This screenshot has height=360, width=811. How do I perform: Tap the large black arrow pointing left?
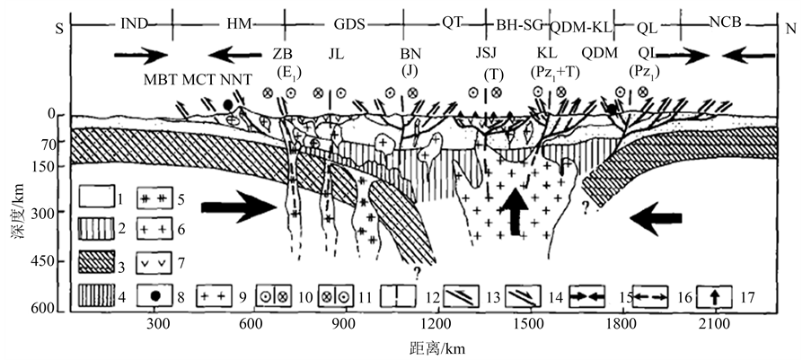661,215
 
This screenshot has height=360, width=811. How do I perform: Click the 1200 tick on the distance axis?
434,324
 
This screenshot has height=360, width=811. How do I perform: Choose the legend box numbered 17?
709,294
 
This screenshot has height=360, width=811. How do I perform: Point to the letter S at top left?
58,27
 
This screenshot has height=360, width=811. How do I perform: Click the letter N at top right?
790,27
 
